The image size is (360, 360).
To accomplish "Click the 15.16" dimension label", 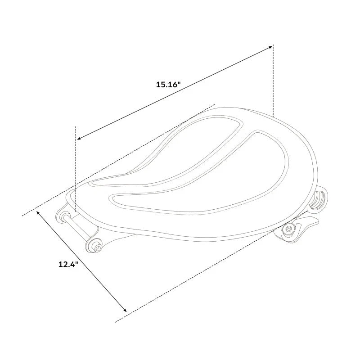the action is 167,85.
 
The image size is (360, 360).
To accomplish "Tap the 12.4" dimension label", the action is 68,265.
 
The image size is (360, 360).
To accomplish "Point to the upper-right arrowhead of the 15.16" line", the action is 270,47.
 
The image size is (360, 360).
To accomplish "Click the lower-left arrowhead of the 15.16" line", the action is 79,138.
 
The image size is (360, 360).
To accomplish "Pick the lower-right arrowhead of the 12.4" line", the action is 125,310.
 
